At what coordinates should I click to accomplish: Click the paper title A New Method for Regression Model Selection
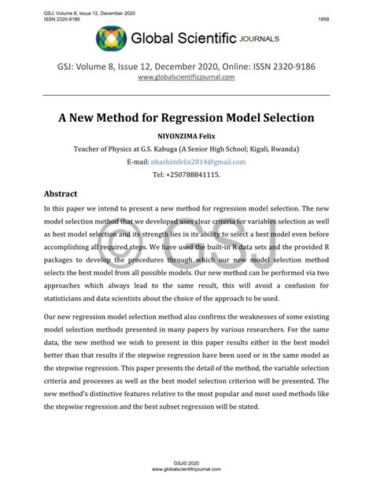[186, 119]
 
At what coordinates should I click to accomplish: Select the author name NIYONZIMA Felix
[186, 136]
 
